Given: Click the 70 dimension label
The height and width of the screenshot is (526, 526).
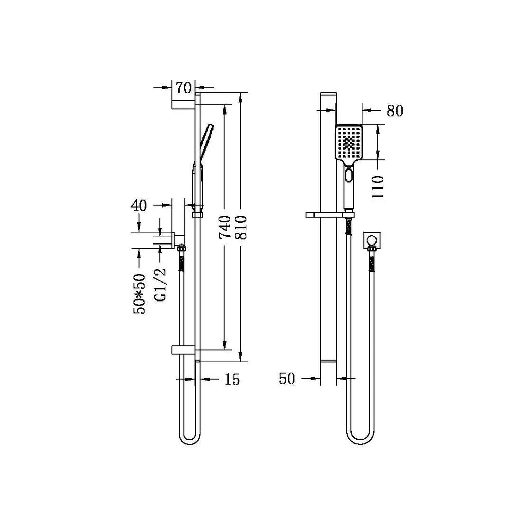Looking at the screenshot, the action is pyautogui.click(x=183, y=88).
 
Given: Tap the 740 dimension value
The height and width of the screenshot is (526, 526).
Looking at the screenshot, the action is pyautogui.click(x=225, y=227).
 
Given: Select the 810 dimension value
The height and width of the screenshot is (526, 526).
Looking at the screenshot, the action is pyautogui.click(x=241, y=227).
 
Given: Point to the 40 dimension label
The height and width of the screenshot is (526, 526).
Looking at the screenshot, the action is pyautogui.click(x=139, y=205).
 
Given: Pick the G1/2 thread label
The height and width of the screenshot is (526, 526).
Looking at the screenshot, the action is pyautogui.click(x=161, y=285).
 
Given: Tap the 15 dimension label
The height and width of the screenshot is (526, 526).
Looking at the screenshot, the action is pyautogui.click(x=232, y=380).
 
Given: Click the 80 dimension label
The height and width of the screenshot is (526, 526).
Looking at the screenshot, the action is pyautogui.click(x=395, y=110).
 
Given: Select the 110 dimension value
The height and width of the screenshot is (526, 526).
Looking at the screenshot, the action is pyautogui.click(x=378, y=187).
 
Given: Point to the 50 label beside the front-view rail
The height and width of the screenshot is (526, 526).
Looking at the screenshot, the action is pyautogui.click(x=287, y=379).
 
